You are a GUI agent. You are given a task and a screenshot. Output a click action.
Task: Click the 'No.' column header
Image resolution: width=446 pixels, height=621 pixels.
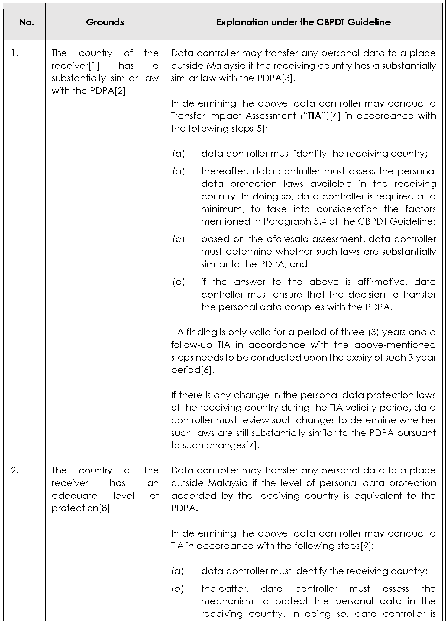point(27,22)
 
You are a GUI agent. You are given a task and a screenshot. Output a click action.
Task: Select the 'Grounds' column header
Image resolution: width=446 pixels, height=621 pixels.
point(105,22)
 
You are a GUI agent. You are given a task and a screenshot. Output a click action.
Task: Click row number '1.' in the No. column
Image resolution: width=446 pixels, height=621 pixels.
point(15,53)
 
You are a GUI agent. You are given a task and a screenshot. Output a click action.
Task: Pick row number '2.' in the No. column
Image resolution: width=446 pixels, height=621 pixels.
point(15,470)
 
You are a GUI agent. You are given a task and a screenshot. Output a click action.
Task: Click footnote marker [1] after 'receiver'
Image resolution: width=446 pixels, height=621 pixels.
point(93,66)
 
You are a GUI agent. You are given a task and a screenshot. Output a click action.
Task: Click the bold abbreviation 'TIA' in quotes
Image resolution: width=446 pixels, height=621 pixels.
point(315,116)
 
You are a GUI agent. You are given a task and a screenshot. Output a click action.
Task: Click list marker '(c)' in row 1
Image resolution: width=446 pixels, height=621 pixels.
point(178,239)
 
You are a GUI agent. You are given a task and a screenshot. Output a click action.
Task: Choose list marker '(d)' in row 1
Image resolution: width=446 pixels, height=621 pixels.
point(178,282)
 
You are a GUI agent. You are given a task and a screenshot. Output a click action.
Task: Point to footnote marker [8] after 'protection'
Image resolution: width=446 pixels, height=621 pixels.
point(104,508)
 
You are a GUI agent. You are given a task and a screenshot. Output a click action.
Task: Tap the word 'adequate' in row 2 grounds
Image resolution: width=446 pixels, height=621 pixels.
point(70,496)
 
